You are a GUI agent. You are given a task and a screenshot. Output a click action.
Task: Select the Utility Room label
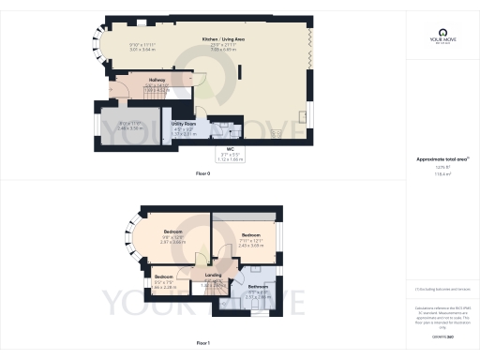[183, 123]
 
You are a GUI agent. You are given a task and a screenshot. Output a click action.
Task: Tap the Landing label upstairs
[213, 275]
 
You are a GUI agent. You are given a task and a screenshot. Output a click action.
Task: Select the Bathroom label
[259, 286]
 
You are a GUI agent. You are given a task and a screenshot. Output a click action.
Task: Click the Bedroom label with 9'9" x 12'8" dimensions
[172, 232]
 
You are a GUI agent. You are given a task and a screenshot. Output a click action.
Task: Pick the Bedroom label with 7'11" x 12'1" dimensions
[250, 234]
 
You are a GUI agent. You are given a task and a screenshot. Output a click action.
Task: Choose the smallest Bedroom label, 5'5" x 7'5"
[164, 277]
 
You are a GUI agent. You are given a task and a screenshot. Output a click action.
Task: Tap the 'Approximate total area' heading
[438, 158]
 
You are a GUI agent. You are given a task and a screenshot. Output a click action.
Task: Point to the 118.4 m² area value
[439, 173]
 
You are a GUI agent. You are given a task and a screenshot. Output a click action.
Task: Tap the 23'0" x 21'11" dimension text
[222, 45]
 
